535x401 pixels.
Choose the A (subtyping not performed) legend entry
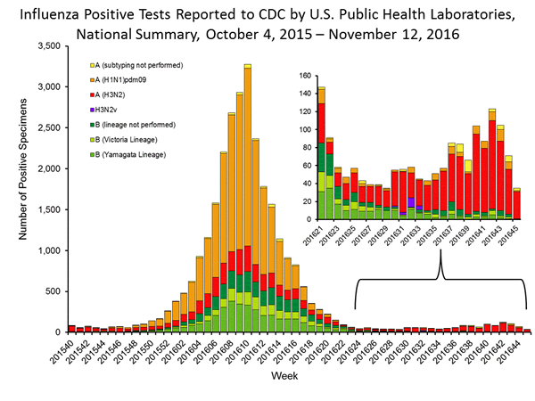(144, 65)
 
